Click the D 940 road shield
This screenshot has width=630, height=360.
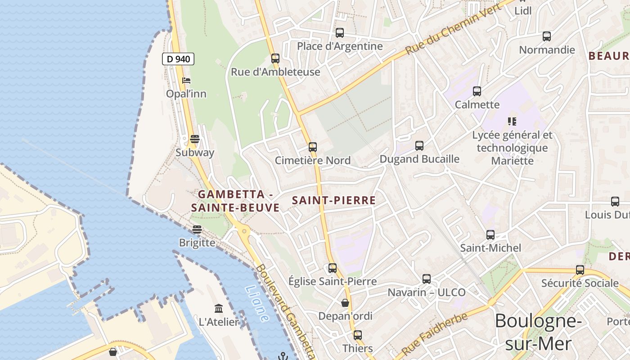pos(178,58)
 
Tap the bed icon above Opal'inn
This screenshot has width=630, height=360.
pos(186,81)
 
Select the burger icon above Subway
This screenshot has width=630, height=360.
pos(195,139)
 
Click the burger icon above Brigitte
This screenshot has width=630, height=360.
pos(197,229)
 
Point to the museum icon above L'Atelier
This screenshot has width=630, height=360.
pos(219,308)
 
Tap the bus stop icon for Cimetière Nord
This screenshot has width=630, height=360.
pos(313,147)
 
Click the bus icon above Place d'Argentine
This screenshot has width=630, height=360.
pos(340,33)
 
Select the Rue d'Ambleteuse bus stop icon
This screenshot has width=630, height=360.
pos(275,58)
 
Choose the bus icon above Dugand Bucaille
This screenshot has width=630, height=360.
pos(419,146)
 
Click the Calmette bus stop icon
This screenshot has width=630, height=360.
pos(477,91)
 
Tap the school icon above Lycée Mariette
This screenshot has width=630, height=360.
pos(512,121)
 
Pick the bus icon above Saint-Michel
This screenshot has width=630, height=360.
pos(490,235)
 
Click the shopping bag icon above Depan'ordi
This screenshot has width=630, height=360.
pos(345,303)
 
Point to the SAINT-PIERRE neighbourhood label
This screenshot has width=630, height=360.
pos(334,201)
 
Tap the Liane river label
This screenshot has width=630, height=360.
pos(258,304)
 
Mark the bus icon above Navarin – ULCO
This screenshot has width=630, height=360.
pos(427,279)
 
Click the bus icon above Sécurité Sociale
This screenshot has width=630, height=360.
pos(580,270)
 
